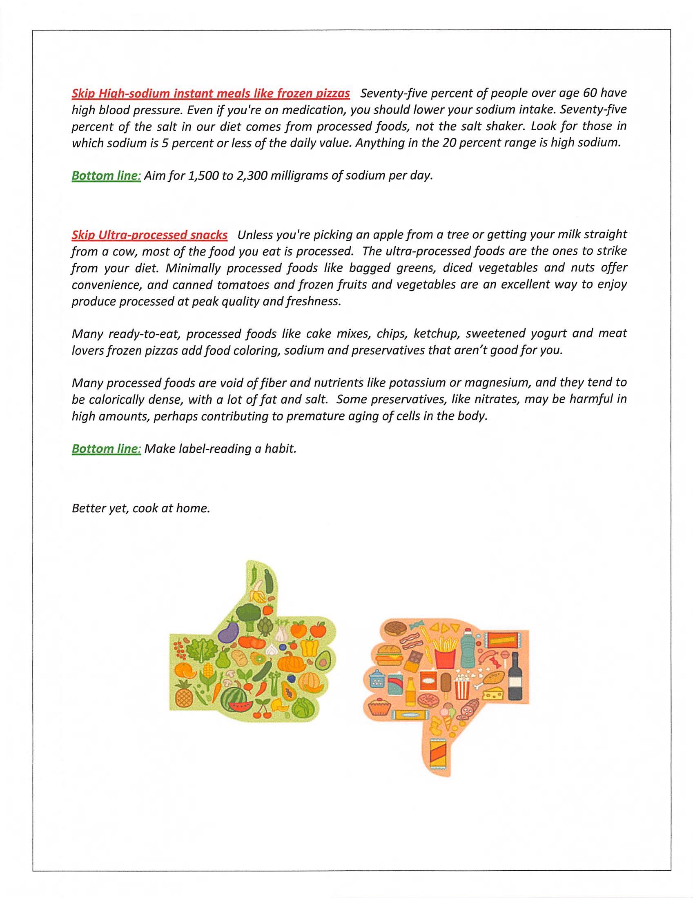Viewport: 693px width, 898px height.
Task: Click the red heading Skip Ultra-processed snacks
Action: coord(150,235)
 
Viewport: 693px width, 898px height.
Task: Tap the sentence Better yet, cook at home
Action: coord(141,508)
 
